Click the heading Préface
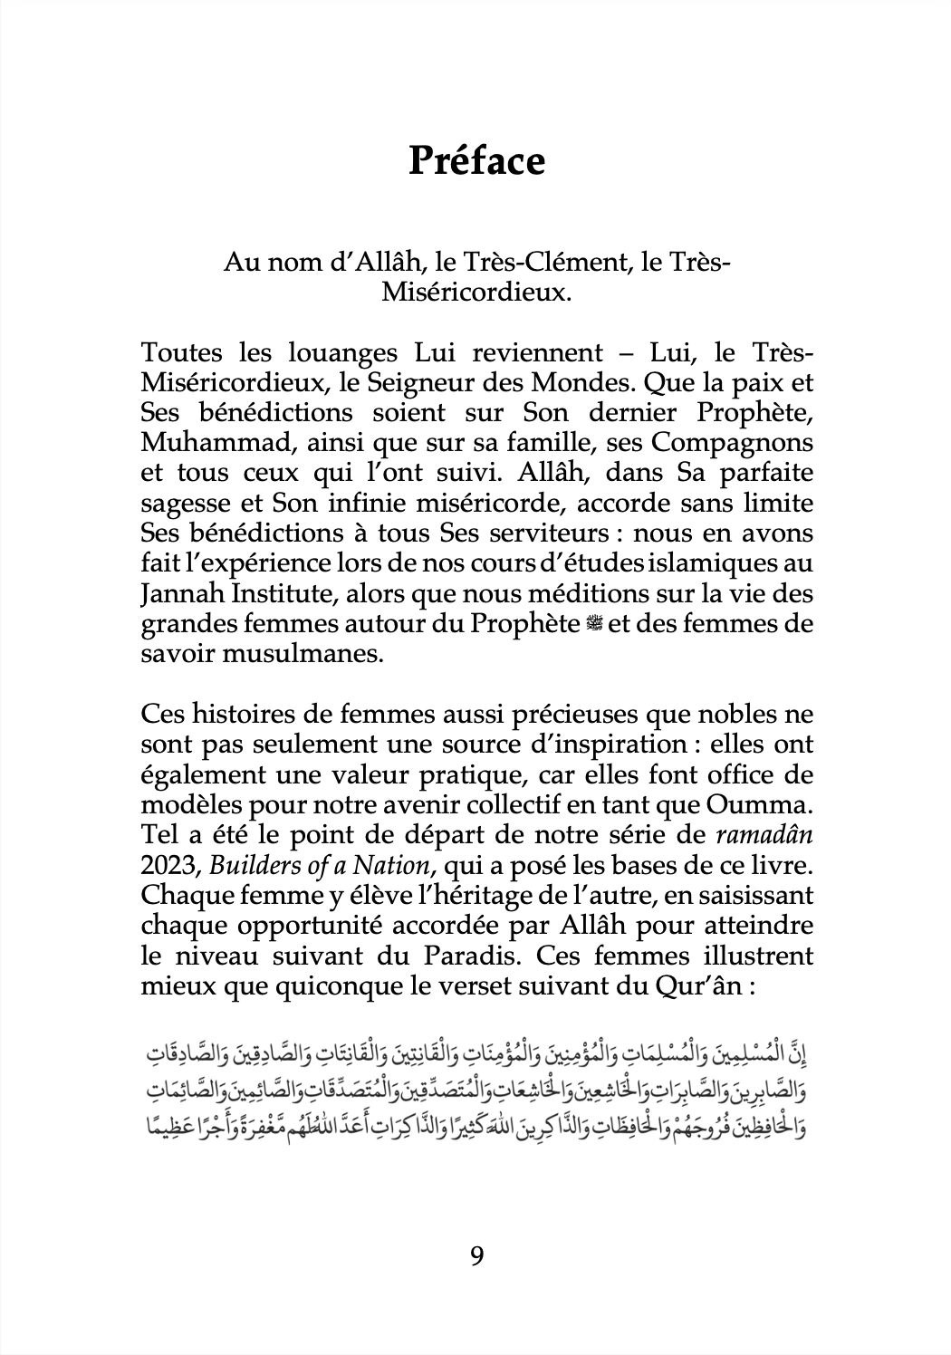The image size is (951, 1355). pyautogui.click(x=476, y=161)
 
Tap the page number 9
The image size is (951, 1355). pyautogui.click(x=476, y=1255)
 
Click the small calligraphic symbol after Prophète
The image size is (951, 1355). pyautogui.click(x=594, y=624)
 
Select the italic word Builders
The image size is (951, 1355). pyautogui.click(x=251, y=865)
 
